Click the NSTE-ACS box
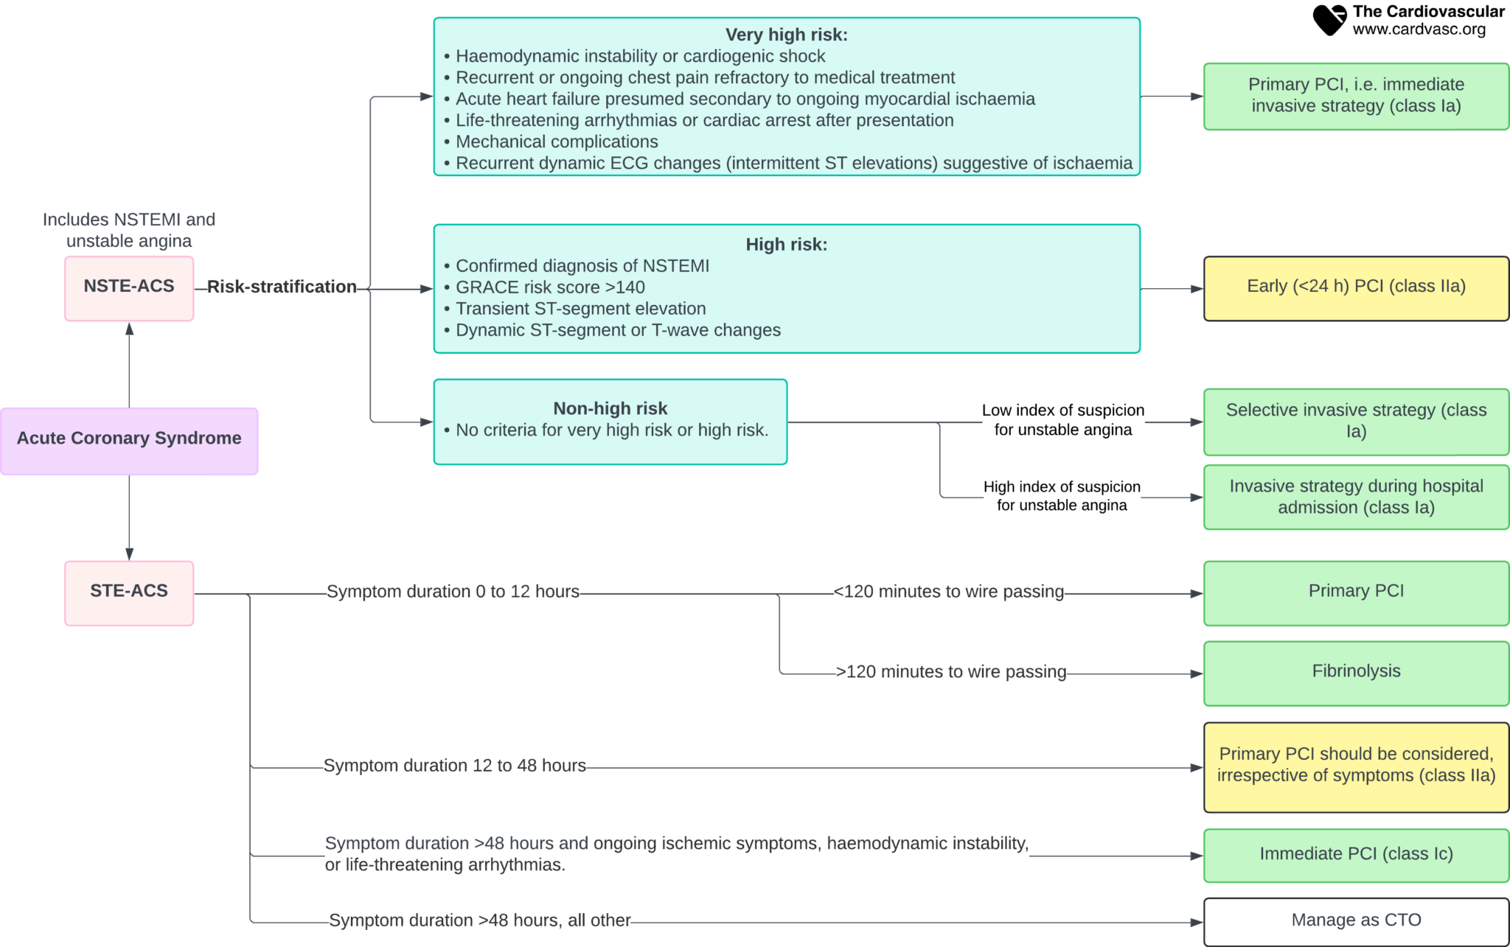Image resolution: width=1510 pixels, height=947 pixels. coord(129,287)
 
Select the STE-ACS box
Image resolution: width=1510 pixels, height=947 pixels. coord(129,593)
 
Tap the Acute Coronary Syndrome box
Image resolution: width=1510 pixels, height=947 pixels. coord(129,440)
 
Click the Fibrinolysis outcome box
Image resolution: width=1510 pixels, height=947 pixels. coord(1355,672)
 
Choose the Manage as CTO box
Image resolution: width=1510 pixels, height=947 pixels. coord(1355,920)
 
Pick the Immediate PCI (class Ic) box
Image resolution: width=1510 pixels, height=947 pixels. coord(1355,854)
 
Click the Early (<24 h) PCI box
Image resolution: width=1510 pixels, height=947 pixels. coord(1355,287)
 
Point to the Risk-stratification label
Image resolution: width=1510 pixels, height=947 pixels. coord(282,287)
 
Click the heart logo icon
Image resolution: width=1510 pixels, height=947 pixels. coord(1329,20)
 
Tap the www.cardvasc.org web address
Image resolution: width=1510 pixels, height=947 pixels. coord(1419,30)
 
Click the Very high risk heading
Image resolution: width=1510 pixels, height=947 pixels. coord(786,35)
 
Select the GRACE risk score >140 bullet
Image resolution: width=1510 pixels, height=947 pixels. coord(550,287)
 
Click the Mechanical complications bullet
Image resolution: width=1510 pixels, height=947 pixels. coord(557,141)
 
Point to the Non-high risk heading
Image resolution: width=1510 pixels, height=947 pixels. coord(610,408)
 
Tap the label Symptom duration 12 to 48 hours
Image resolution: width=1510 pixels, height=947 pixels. coord(455,766)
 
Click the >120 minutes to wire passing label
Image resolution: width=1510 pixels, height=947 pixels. coord(951,672)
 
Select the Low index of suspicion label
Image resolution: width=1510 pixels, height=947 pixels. coord(1062,419)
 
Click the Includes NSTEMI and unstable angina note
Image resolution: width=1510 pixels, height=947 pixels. coord(129,230)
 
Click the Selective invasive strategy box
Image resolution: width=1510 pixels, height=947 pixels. coord(1355,421)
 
